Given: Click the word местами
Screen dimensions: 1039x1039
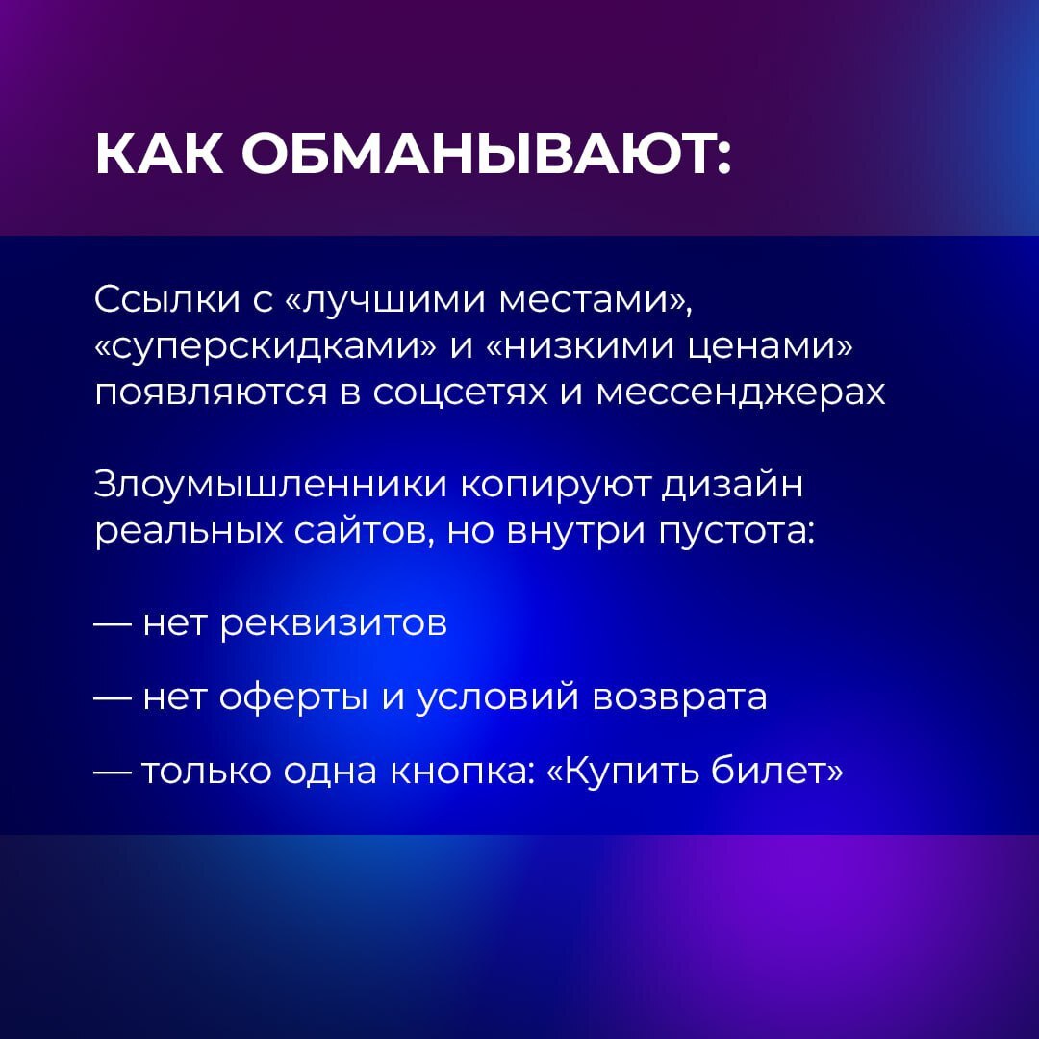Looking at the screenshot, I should click(596, 300).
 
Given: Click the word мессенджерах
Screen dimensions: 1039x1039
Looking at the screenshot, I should click(740, 393).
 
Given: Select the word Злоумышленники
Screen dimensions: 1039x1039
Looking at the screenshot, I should click(269, 485).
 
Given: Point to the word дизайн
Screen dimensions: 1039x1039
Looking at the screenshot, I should click(731, 485).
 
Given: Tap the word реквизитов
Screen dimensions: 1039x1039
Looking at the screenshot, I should click(334, 624).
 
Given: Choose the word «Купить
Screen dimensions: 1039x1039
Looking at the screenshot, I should click(617, 771).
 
